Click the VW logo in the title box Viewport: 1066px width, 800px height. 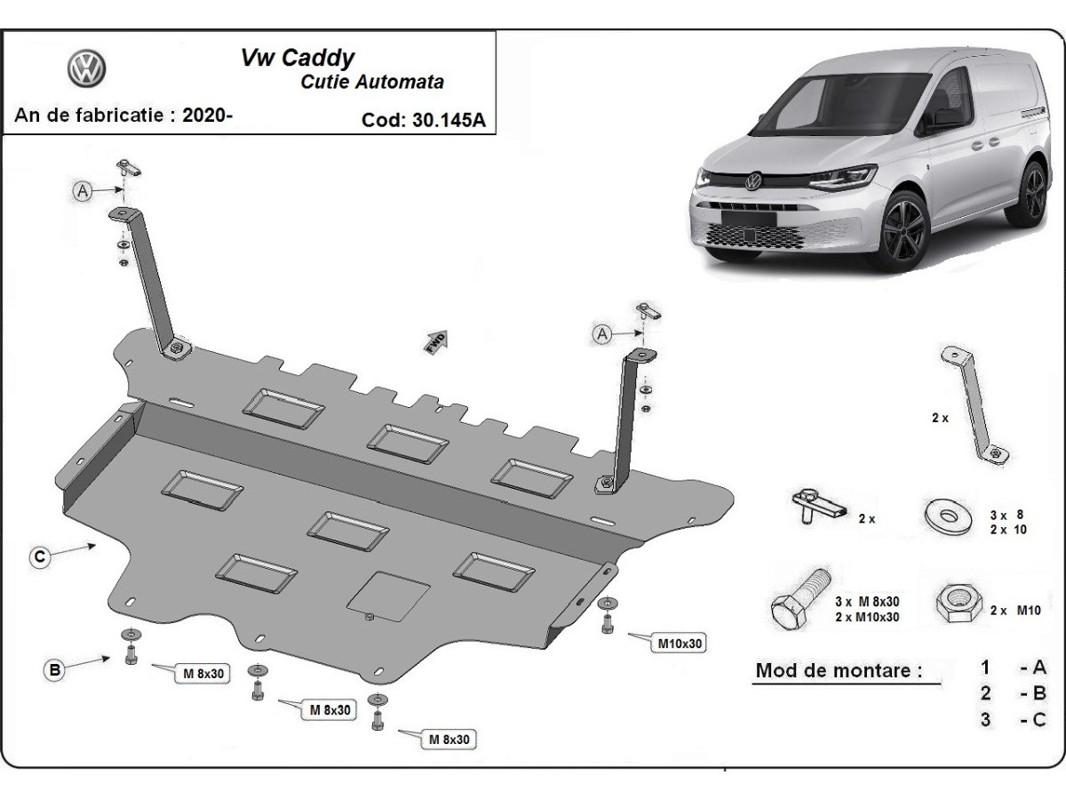[x=86, y=68]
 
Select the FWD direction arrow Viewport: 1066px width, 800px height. [x=436, y=342]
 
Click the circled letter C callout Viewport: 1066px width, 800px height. [x=39, y=557]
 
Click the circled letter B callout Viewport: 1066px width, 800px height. [x=55, y=670]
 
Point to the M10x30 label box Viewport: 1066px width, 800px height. [x=680, y=643]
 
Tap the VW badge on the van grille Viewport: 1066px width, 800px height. [x=753, y=181]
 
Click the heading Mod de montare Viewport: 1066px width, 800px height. [x=839, y=670]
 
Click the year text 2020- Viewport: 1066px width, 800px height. [x=207, y=115]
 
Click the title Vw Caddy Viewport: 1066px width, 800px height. [x=298, y=58]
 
